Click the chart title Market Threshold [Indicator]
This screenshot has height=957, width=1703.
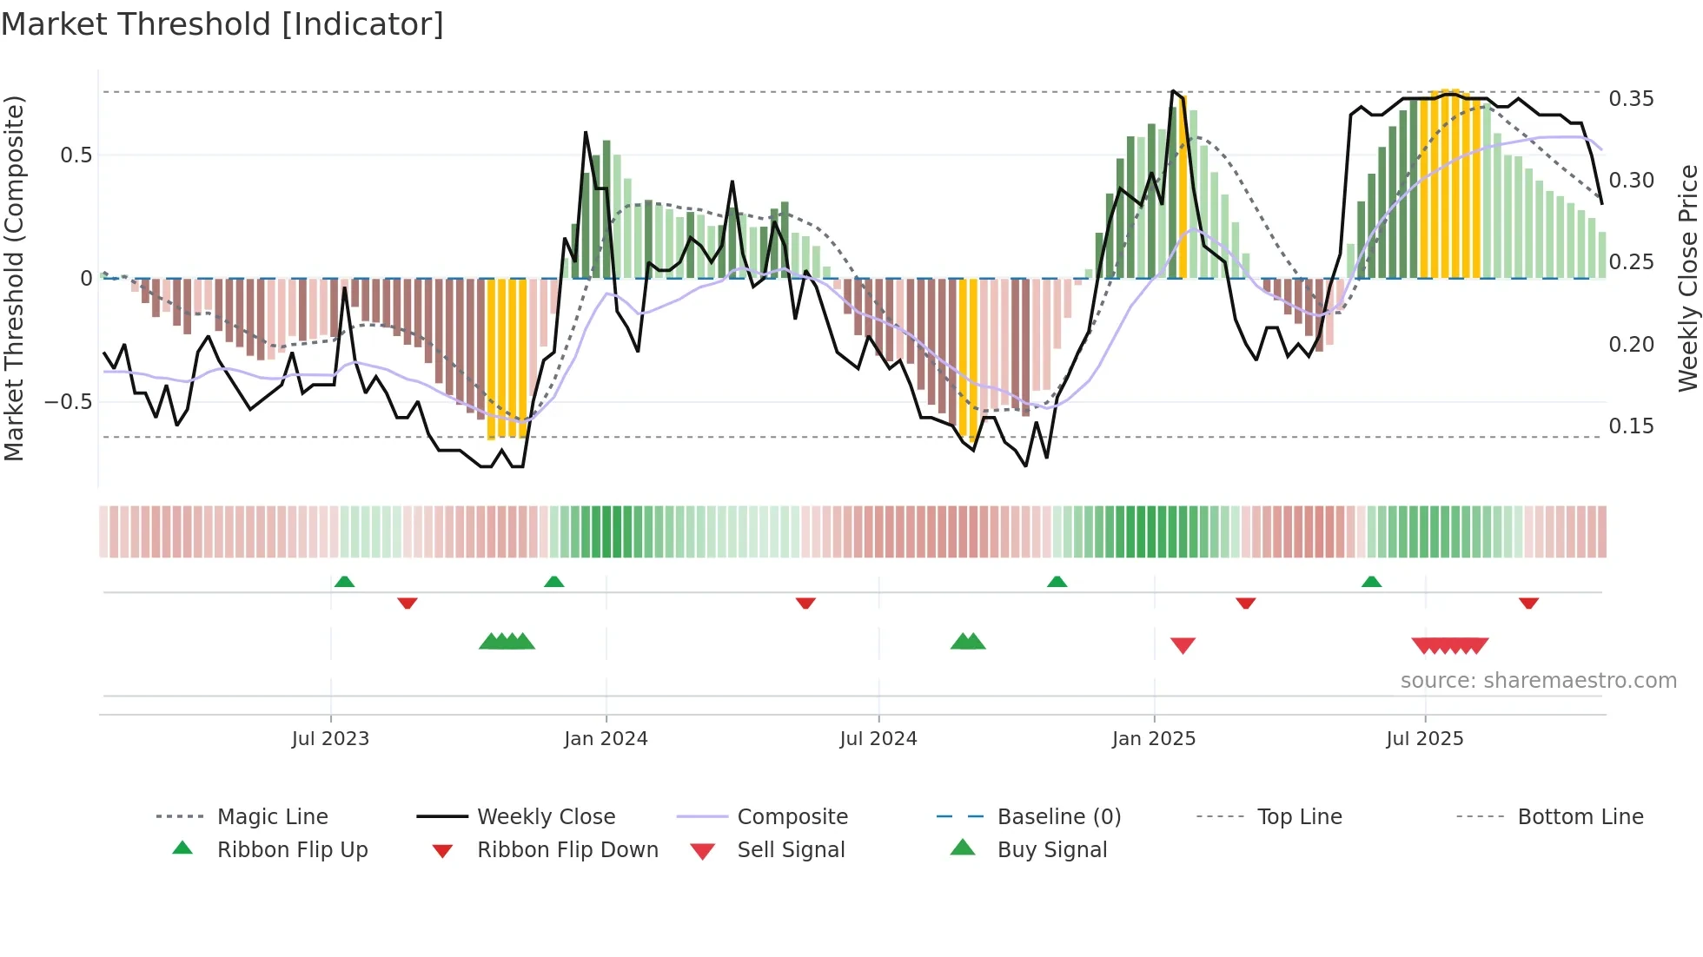click(x=222, y=24)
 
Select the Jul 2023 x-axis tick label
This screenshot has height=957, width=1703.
click(x=330, y=739)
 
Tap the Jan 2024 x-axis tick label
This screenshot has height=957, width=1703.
click(x=606, y=739)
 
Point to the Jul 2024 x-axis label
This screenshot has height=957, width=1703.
click(x=878, y=739)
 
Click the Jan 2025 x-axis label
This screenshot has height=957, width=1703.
click(x=1154, y=739)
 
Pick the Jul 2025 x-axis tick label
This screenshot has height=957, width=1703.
click(x=1425, y=739)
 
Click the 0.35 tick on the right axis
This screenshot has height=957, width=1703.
click(x=1631, y=99)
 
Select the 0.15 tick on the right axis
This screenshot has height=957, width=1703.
click(x=1631, y=426)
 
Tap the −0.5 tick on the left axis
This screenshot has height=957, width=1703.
click(x=69, y=402)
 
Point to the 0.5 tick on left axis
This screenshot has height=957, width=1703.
click(x=76, y=155)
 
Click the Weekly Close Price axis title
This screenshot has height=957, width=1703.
click(x=1687, y=278)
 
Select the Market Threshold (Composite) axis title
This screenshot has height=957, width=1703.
click(x=14, y=278)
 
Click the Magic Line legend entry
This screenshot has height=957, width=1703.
click(x=272, y=817)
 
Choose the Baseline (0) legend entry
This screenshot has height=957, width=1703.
click(x=1058, y=817)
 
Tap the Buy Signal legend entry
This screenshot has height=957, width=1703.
click(x=1051, y=850)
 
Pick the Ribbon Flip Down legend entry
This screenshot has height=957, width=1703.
click(x=567, y=850)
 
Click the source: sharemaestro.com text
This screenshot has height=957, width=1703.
click(x=1538, y=681)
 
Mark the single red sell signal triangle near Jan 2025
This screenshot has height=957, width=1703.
click(x=1183, y=645)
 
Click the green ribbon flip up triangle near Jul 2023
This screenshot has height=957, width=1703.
click(x=344, y=582)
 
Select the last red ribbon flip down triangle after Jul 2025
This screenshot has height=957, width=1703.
click(x=1528, y=603)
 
